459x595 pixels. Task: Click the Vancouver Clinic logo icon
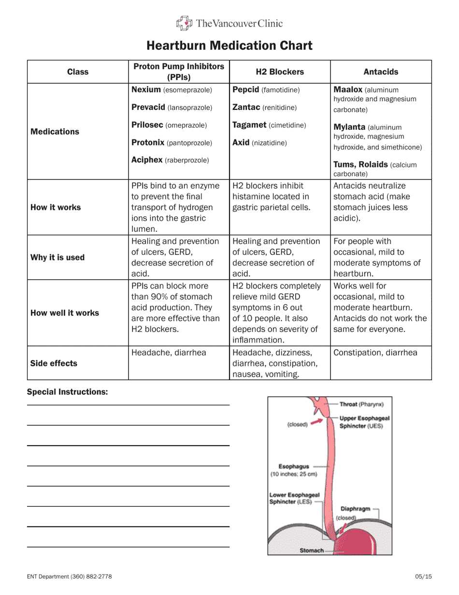coord(184,23)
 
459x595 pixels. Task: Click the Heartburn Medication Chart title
coord(229,45)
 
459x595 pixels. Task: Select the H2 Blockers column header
coord(280,72)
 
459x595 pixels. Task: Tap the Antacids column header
coord(381,72)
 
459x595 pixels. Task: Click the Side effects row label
coord(54,363)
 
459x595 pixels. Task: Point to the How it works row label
coord(56,207)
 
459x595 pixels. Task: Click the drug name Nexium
coord(146,90)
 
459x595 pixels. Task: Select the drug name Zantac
coord(247,107)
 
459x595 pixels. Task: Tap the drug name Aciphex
coord(147,160)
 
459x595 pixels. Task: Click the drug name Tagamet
coord(249,125)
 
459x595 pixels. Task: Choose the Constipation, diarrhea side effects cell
coord(375,353)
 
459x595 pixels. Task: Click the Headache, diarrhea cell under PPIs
coord(169,353)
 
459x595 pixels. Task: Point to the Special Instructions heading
coord(67,392)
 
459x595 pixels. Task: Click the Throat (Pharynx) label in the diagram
coord(361,404)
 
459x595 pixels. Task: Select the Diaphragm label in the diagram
coord(355,508)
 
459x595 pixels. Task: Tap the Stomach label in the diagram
coord(312,550)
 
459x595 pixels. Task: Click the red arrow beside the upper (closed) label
coord(316,422)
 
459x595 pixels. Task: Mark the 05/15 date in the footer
coord(423,576)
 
